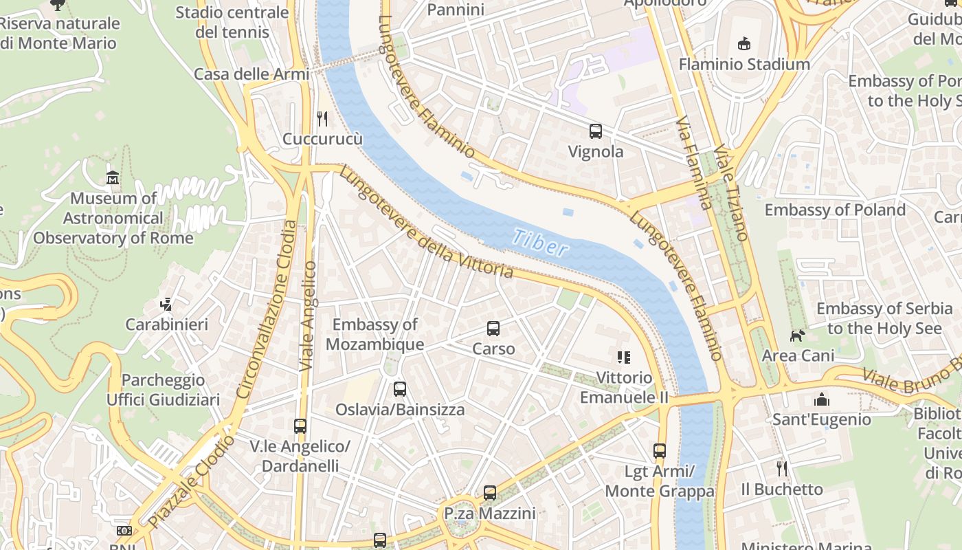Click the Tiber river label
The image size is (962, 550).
coord(540,242)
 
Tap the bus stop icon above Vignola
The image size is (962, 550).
coord(596,131)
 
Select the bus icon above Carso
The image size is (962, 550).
coord(493,328)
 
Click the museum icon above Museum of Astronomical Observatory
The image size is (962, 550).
coord(113,178)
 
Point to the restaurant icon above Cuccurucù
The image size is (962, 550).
coord(322,118)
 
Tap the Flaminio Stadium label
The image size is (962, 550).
coord(744,65)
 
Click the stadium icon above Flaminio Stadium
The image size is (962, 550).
coord(743,44)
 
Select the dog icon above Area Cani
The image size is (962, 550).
coord(797,335)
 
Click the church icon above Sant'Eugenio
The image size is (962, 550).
coord(821,399)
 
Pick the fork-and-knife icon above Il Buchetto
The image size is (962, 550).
coord(782,469)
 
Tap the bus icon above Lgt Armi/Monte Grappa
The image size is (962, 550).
coord(660,451)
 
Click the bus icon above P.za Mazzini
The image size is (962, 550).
coord(489,492)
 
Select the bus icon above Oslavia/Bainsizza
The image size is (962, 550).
coord(400,389)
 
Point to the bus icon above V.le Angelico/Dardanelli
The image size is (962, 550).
coord(300,426)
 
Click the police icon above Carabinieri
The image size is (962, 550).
coord(166,304)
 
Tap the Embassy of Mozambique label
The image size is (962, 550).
coord(374,334)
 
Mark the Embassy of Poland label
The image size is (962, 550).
coord(835,210)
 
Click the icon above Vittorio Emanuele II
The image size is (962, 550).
coord(624,357)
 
